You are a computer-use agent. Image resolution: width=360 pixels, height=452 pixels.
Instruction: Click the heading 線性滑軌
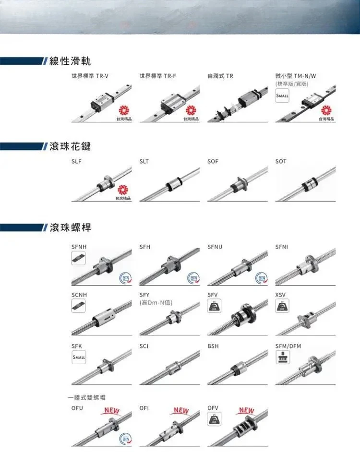[70, 61]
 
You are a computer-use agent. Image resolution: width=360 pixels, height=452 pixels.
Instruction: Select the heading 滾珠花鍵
[70, 146]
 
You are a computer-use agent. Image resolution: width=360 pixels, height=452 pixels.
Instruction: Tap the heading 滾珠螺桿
[70, 227]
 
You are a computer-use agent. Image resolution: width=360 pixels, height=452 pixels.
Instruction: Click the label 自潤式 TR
[220, 76]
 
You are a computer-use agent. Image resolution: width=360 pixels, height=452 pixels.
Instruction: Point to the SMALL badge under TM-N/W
[282, 96]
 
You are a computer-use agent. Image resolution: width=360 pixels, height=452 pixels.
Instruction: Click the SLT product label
[144, 161]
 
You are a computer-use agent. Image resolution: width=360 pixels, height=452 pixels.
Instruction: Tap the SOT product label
[281, 161]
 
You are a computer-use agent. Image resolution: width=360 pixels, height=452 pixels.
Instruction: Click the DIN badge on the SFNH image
[125, 278]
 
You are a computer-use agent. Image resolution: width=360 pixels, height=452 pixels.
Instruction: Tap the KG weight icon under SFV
[214, 306]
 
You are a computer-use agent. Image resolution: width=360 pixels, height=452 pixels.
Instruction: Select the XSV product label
[281, 294]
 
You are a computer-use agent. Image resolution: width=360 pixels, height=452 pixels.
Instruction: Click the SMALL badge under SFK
[78, 357]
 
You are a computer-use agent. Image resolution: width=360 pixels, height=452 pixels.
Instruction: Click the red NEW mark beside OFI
[181, 410]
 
